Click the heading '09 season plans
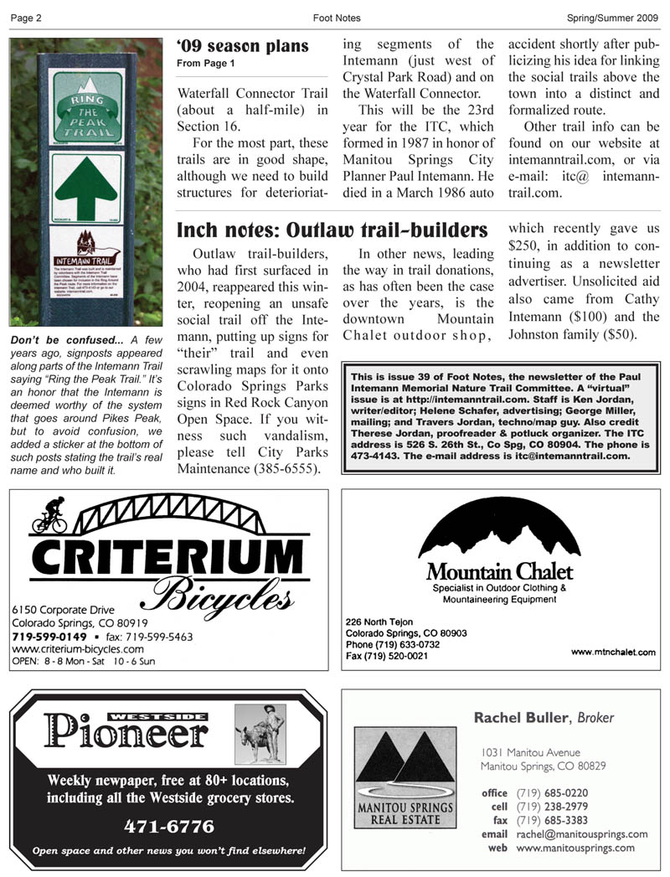point(242,46)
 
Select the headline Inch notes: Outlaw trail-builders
point(332,229)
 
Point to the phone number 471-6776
point(169,827)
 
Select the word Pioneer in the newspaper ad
point(126,732)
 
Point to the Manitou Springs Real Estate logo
point(405,777)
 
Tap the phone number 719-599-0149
point(44,637)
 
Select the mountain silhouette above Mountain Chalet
point(499,531)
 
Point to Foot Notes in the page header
point(336,18)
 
